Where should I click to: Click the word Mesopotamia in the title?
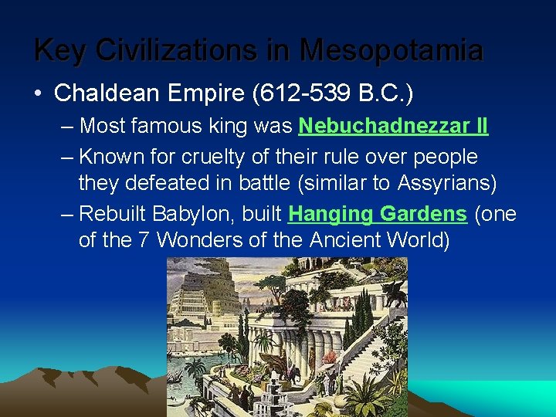point(392,51)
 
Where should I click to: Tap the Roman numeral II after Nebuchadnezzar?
point(480,125)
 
